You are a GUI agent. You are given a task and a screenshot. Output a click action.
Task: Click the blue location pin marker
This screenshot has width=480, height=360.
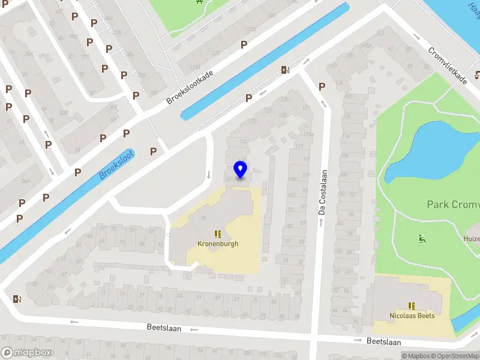(241, 170)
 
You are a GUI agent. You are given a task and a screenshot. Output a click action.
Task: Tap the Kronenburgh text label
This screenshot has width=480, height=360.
(218, 244)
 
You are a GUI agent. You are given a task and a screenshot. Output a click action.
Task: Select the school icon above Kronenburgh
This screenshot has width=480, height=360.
(218, 234)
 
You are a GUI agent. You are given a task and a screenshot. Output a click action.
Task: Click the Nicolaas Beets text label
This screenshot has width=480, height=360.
(412, 316)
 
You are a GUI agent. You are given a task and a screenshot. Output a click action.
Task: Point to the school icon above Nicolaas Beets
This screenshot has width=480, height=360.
(412, 306)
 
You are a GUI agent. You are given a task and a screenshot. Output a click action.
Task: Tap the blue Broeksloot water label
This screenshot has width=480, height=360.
(116, 164)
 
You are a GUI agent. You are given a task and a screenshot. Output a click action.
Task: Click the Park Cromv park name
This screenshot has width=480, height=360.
(453, 205)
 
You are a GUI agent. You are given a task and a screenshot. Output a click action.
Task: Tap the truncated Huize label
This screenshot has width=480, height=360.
(471, 238)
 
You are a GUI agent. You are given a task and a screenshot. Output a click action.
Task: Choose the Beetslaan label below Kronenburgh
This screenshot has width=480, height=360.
(164, 328)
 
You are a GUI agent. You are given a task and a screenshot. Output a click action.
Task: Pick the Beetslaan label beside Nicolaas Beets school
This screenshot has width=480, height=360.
(384, 341)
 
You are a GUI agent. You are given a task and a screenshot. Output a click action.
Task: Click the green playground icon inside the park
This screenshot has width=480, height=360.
(422, 239)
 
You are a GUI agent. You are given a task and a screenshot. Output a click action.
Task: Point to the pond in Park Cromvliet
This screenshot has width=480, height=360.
(432, 150)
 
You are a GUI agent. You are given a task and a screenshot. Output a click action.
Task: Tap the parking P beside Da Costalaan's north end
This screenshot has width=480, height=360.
(322, 86)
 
